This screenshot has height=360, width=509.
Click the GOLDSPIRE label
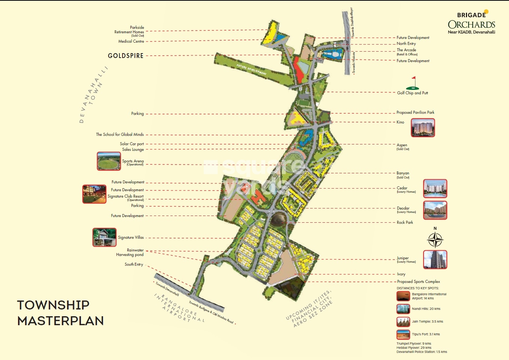pos(125,56)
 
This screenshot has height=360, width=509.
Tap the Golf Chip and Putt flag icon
pos(413,83)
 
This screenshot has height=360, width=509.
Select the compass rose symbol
pos(435,240)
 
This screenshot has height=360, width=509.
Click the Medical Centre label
pos(131,42)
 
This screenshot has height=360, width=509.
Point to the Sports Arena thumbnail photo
pos(109,161)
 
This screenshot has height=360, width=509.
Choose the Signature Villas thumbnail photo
pos(104,237)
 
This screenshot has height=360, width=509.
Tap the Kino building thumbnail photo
pos(423,128)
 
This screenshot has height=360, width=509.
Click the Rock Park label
pos(405,222)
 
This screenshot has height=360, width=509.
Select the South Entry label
pos(134,264)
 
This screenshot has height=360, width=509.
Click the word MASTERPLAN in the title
pos(60,321)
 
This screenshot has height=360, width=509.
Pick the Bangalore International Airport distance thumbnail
pos(403,296)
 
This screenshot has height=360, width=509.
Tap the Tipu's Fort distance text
pos(426,334)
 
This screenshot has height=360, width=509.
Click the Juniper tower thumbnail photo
pos(435,259)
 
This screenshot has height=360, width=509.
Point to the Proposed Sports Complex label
pos(418,281)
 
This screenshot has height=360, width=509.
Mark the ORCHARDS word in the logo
pos(471,25)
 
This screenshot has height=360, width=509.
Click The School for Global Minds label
pos(119,134)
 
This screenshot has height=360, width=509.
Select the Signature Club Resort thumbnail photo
pos(94,194)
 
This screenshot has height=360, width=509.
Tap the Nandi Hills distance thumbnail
pos(403,309)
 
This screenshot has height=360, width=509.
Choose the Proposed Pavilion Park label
pos(415,112)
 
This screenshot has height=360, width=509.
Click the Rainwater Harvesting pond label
pos(130,252)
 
